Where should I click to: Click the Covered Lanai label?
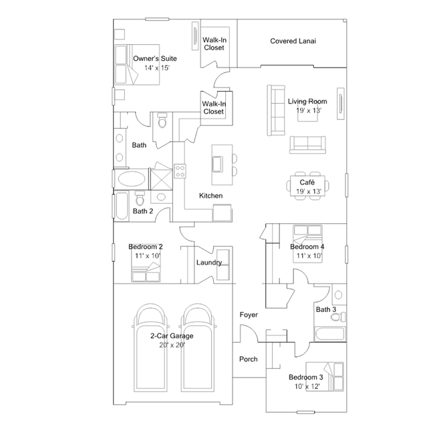[293, 41]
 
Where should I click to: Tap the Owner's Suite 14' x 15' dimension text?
[157, 67]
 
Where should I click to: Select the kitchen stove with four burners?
[180, 171]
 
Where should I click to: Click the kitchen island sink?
[218, 164]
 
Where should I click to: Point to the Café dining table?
[308, 186]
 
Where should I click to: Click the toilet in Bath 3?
[338, 317]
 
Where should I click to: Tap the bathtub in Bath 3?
[330, 334]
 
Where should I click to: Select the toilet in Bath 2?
[140, 198]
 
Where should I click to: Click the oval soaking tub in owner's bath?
[132, 179]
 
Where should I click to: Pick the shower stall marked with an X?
[162, 180]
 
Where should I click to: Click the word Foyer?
[249, 315]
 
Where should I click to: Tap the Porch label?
[249, 360]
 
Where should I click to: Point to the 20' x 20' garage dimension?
[172, 345]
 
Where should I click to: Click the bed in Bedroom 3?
[325, 377]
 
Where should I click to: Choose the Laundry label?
[209, 263]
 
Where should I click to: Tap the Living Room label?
[307, 102]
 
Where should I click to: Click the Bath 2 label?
[143, 211]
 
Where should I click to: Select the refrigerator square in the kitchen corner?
[222, 213]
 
